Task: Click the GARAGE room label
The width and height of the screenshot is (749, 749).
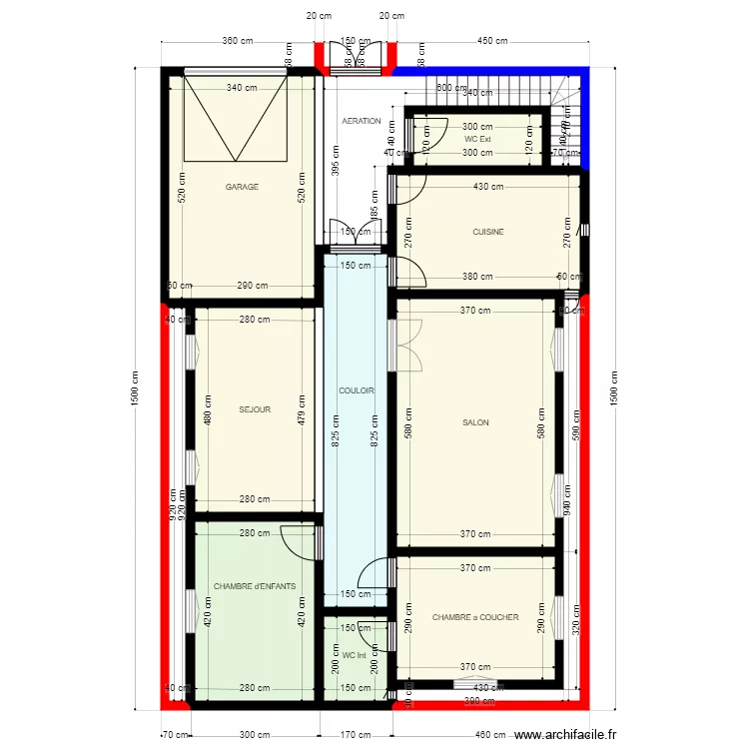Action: click(242, 187)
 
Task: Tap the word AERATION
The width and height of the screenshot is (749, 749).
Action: click(362, 121)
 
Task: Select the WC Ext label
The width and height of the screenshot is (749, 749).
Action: click(477, 140)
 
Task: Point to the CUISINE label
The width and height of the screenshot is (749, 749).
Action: click(488, 232)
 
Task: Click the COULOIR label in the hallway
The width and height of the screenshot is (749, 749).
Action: click(357, 391)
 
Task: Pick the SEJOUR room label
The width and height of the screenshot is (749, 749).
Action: click(255, 409)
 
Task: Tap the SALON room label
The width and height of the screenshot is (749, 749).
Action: click(475, 422)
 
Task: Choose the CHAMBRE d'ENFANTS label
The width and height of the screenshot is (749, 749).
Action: click(255, 587)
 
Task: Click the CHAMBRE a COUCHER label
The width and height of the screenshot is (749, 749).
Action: click(475, 617)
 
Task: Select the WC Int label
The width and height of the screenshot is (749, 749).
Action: click(354, 656)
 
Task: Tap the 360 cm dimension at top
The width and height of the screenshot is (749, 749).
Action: click(237, 41)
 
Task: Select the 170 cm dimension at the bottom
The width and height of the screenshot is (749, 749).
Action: click(355, 735)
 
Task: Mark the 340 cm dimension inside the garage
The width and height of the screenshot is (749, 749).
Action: click(242, 87)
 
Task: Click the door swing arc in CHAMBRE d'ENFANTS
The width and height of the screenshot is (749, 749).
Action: click(298, 542)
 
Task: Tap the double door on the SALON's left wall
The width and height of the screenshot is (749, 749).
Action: click(408, 344)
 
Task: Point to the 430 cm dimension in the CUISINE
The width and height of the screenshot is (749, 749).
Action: click(487, 187)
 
